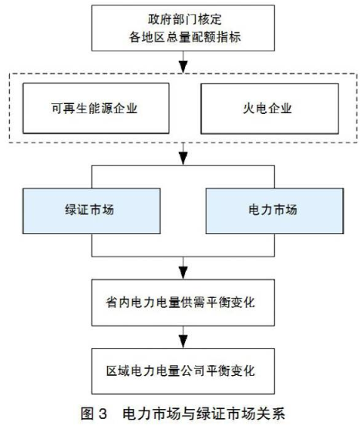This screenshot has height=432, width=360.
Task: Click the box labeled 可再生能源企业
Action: point(96,109)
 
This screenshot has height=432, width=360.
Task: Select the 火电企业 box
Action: point(270,109)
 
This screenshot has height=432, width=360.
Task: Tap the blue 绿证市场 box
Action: point(91,211)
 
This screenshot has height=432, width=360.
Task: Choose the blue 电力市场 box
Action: point(274,211)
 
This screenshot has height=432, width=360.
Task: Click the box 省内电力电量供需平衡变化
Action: point(183,302)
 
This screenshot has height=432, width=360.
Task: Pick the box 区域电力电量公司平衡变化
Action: point(183,371)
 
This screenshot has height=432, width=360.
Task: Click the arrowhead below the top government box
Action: point(183,67)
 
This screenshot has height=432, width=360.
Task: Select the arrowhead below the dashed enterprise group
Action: point(183,159)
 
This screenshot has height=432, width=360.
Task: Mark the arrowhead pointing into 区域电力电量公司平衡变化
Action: point(183,342)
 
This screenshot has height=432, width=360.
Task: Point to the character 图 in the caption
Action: point(87,414)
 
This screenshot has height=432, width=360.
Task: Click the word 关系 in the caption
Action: point(271,414)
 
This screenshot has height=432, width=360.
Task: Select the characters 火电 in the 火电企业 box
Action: point(255,109)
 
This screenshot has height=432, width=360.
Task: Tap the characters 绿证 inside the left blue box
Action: point(77,210)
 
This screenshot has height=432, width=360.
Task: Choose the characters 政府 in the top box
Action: point(160,19)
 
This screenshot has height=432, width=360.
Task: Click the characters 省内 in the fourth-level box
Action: point(118,302)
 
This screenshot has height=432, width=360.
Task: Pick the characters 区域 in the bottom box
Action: point(118,371)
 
